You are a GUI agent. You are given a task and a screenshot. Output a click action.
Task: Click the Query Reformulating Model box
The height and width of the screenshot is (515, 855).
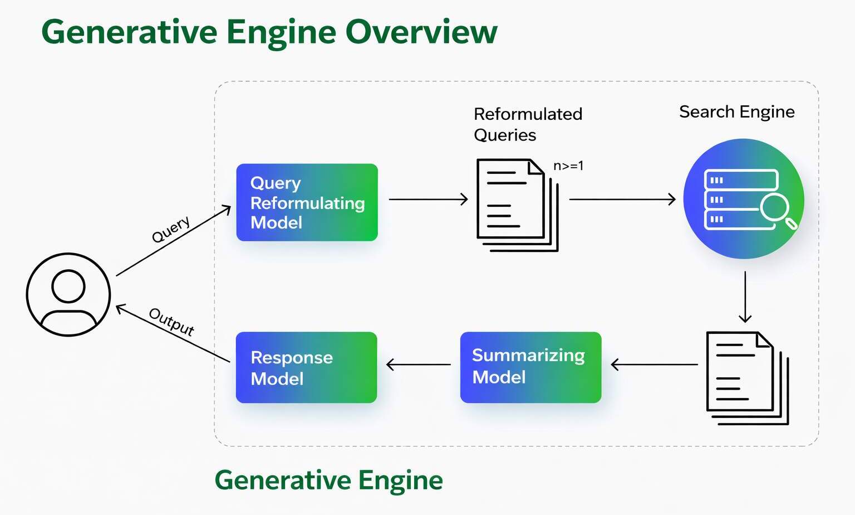(307, 202)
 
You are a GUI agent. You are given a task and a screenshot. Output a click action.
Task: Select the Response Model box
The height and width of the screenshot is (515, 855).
(306, 367)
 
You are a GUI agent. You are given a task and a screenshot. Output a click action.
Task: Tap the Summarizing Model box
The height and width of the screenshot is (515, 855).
(530, 367)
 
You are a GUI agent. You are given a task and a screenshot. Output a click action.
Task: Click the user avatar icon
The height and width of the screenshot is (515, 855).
(68, 294)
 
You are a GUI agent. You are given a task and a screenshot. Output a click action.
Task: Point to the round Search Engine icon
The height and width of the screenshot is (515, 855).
(743, 198)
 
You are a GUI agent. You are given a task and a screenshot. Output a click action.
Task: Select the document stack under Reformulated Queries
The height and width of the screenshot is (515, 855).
(517, 205)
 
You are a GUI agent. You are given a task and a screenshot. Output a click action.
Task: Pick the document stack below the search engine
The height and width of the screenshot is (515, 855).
(746, 377)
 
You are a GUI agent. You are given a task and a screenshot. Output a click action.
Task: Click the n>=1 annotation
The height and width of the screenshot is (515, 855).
(568, 166)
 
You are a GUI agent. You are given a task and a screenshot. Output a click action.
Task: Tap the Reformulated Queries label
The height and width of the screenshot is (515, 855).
(527, 124)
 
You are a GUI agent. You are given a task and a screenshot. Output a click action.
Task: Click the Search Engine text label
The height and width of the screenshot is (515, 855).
(736, 112)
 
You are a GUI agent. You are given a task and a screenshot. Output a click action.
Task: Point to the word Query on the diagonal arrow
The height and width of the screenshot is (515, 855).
(171, 229)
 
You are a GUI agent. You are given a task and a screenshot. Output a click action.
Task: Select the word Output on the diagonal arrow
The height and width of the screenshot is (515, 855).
(171, 322)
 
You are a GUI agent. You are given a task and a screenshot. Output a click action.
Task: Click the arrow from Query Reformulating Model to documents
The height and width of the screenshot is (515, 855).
(428, 199)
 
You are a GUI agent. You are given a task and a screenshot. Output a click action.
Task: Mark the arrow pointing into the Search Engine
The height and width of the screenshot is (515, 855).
(622, 199)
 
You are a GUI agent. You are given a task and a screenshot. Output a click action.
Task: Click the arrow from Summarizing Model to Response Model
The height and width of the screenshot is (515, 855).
(419, 365)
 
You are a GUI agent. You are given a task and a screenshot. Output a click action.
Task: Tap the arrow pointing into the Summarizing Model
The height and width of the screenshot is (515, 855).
(654, 365)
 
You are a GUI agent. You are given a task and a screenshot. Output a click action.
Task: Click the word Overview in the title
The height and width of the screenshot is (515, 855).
(421, 32)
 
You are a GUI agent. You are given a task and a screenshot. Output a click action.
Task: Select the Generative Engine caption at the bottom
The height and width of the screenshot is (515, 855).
(328, 480)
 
